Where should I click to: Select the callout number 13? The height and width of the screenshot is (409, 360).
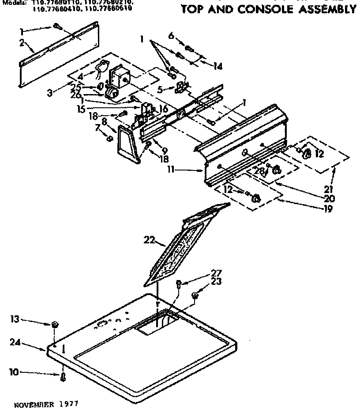(15, 319)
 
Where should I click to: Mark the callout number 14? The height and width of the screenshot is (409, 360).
(217, 66)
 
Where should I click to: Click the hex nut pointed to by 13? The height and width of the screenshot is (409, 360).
(55, 325)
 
